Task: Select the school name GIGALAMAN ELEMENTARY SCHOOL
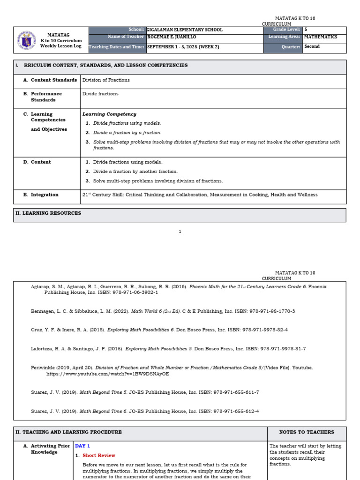point(185,30)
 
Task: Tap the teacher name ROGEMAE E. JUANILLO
point(172,37)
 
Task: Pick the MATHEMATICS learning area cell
point(321,37)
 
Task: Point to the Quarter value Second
point(312,47)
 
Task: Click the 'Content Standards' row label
point(53,80)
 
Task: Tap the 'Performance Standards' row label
point(46,97)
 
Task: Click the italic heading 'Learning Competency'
point(109,114)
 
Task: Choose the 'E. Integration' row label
point(45,195)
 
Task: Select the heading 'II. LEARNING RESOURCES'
point(48,213)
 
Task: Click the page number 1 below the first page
point(180,231)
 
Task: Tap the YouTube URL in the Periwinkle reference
point(107,374)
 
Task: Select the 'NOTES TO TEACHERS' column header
point(307,432)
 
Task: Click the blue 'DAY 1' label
point(82,446)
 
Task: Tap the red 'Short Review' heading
point(98,455)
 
